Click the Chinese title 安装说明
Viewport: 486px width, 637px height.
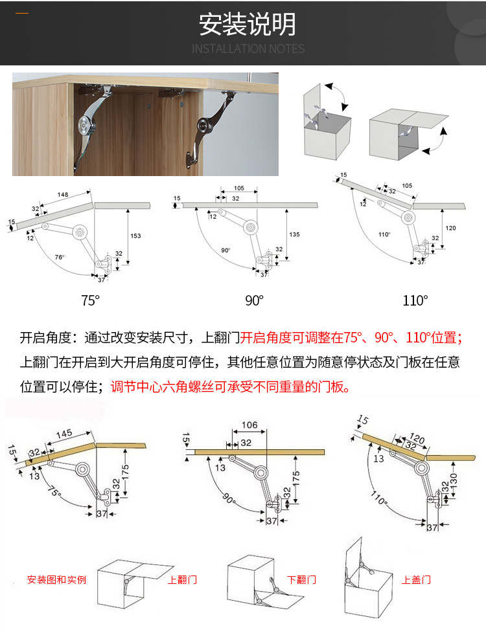click(248, 25)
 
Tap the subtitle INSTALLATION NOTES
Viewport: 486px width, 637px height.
click(248, 49)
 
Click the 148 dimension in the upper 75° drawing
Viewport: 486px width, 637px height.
click(63, 195)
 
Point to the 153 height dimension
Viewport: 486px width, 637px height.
click(135, 236)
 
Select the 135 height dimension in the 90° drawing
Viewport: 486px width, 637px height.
click(294, 234)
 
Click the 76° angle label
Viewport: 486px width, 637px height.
click(60, 257)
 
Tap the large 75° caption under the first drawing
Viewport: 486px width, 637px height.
click(90, 300)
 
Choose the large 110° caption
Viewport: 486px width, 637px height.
click(415, 300)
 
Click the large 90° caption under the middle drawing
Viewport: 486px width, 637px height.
click(254, 300)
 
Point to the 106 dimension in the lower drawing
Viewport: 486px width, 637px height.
click(249, 425)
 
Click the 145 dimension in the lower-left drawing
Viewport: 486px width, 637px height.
click(64, 433)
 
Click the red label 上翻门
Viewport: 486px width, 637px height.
click(182, 579)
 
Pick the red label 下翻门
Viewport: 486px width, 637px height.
click(302, 579)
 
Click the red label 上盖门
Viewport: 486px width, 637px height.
click(416, 579)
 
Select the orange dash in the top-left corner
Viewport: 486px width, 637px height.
click(22, 13)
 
